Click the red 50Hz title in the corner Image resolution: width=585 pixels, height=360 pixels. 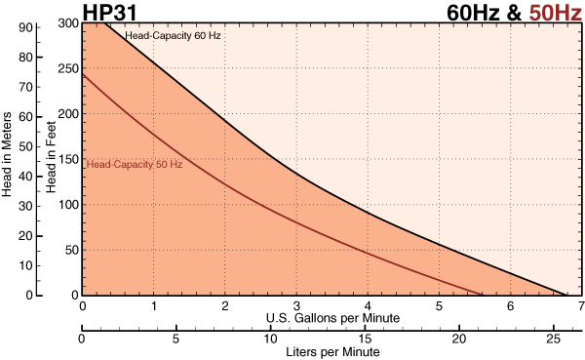(556, 13)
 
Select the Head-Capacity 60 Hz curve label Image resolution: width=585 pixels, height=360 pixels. (173, 36)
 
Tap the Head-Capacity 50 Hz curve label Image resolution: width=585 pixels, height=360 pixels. (134, 165)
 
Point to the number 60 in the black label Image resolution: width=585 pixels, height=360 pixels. (200, 36)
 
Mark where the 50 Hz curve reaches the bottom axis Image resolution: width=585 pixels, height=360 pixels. (482, 294)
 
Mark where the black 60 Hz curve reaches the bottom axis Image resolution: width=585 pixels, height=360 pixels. (566, 294)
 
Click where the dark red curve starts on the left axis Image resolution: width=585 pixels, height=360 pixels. (84, 74)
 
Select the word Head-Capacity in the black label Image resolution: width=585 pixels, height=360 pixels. (158, 36)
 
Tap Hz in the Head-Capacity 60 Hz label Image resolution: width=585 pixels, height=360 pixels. (214, 36)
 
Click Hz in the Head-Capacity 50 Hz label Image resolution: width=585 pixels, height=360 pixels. (176, 165)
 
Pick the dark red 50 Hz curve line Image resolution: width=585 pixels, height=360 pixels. (292, 219)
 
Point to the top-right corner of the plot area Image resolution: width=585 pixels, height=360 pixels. (581, 23)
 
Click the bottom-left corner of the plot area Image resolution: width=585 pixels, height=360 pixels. (84, 294)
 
